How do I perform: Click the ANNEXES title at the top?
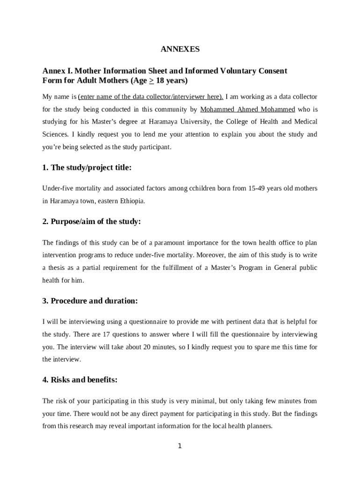coord(180,49)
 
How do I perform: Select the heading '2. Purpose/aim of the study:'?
coord(92,222)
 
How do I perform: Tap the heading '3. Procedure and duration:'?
coord(90,301)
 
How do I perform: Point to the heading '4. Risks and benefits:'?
coord(80,380)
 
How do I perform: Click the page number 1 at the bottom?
coord(180,446)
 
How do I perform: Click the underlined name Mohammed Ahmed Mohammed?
coord(248,109)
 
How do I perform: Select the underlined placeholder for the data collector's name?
coord(151,97)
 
